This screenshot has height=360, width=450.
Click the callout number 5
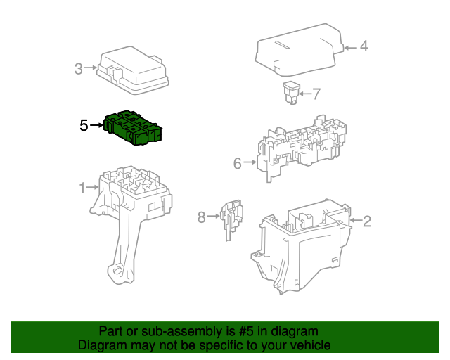(84, 125)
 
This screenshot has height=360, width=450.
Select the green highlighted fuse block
(133, 127)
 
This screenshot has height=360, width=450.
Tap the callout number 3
(78, 69)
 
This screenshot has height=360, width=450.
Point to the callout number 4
(364, 46)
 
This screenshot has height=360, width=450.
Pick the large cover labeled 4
(300, 50)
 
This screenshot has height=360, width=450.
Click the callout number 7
(316, 94)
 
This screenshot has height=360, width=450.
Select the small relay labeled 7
(291, 93)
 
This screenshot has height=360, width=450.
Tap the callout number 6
(238, 164)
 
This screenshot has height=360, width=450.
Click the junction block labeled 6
(302, 148)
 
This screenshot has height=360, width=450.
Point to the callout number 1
(82, 188)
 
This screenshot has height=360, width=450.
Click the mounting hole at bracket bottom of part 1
(117, 271)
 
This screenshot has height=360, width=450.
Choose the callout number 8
(202, 217)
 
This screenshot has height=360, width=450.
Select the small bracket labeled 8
(231, 219)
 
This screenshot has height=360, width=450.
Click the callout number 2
(367, 221)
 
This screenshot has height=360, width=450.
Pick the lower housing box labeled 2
(302, 246)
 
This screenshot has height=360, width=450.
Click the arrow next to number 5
(96, 125)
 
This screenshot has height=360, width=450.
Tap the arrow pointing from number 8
(213, 216)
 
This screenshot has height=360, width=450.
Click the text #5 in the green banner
(246, 331)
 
